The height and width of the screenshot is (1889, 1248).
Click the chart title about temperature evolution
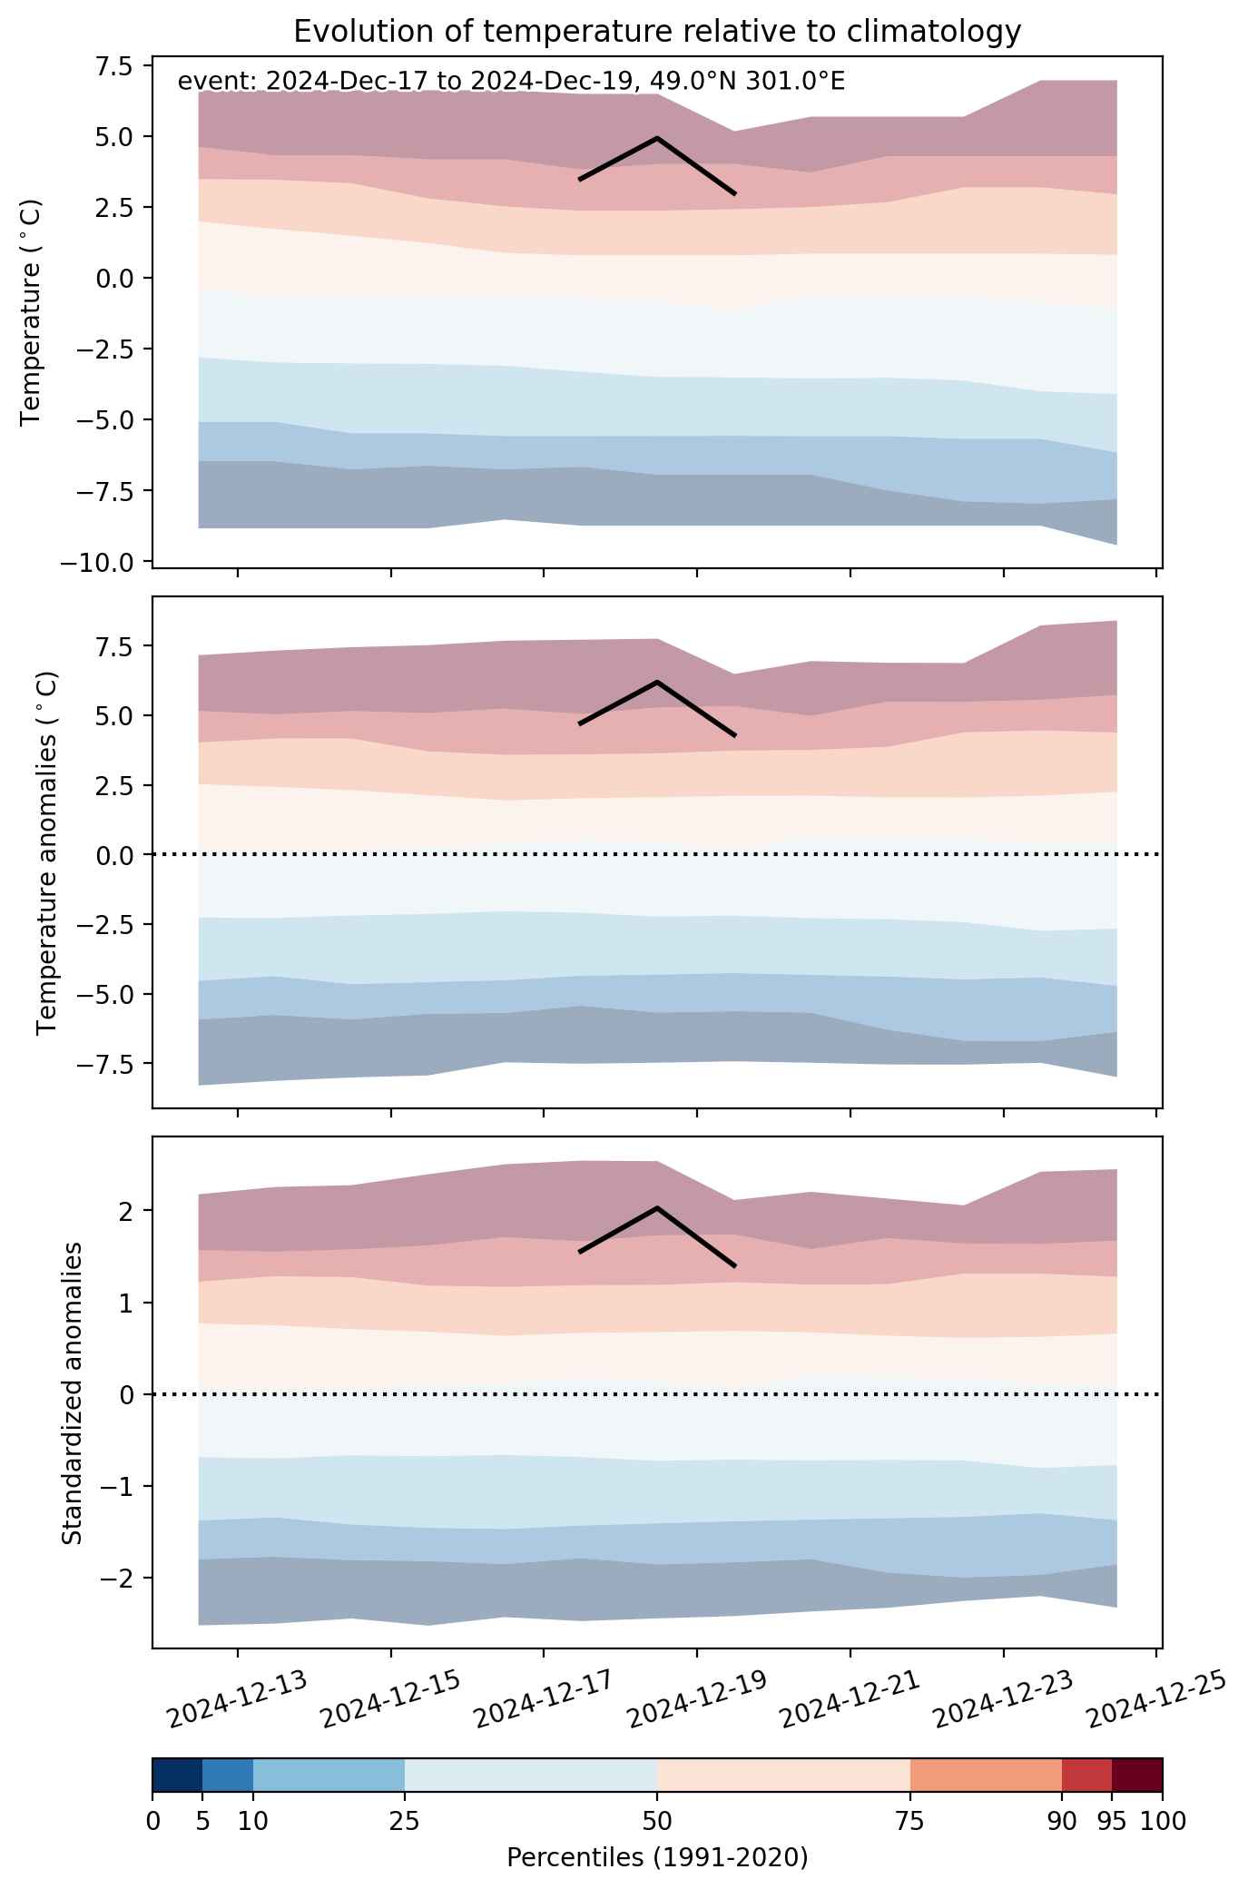tap(657, 32)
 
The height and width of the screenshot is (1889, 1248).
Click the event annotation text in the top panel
tap(511, 82)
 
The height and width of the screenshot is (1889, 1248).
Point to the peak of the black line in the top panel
tap(656, 138)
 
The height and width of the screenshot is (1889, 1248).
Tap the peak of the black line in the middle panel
tap(656, 682)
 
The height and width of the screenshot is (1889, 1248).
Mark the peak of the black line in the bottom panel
tap(656, 1208)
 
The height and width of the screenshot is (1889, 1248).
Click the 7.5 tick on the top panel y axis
tap(113, 66)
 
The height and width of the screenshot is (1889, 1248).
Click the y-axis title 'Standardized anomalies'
tap(73, 1392)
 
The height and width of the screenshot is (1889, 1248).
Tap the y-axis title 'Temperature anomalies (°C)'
tap(47, 852)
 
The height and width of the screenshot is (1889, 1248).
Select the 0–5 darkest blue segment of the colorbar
tap(177, 1775)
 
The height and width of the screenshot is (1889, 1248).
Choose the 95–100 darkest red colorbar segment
tap(1137, 1775)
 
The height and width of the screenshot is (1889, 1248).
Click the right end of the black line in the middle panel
tap(734, 735)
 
